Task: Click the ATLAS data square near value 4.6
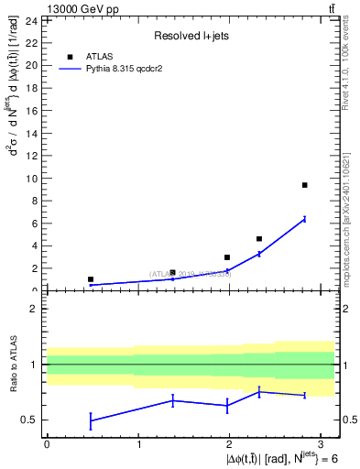(x=259, y=239)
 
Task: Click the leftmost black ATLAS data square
(x=91, y=279)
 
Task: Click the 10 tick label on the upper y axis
(x=30, y=179)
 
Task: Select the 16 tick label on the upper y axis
(x=30, y=111)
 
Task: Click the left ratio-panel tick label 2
(x=33, y=309)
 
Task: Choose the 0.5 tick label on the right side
(x=348, y=420)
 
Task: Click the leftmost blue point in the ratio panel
(x=91, y=420)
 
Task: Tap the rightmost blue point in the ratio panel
(x=304, y=395)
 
